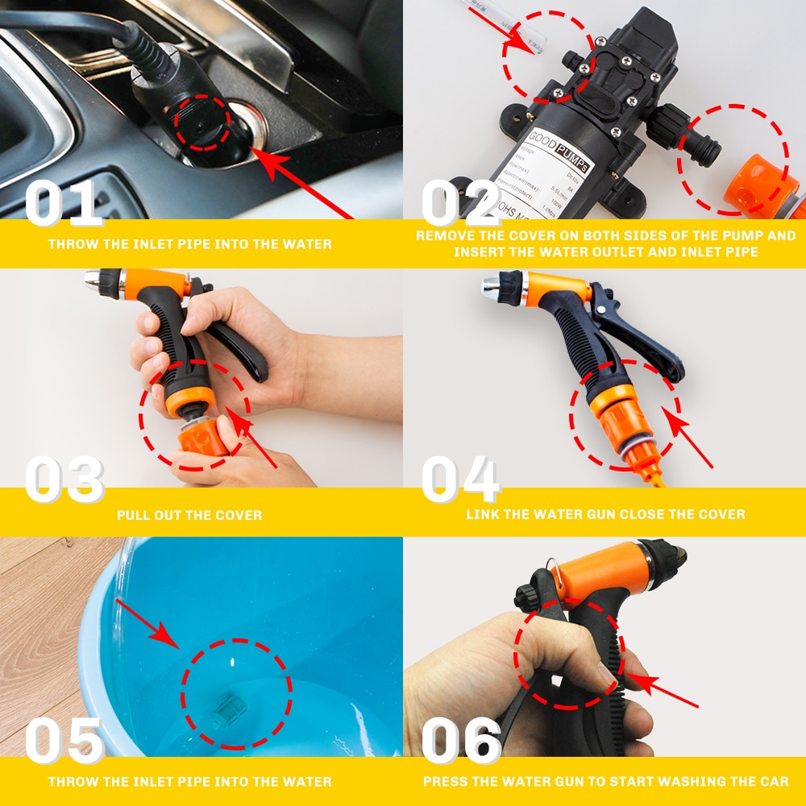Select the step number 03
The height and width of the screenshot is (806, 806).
pos(64,480)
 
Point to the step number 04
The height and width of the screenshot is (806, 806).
pos(461,480)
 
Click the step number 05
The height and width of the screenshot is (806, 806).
pos(64,742)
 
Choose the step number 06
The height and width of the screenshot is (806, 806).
pos(461,742)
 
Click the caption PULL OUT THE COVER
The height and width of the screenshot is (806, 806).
pos(189,515)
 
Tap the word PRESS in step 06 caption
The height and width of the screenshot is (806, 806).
pos(445,782)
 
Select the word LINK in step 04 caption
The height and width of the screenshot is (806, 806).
pos(483,514)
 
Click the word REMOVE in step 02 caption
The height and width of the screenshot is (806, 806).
pos(444,236)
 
